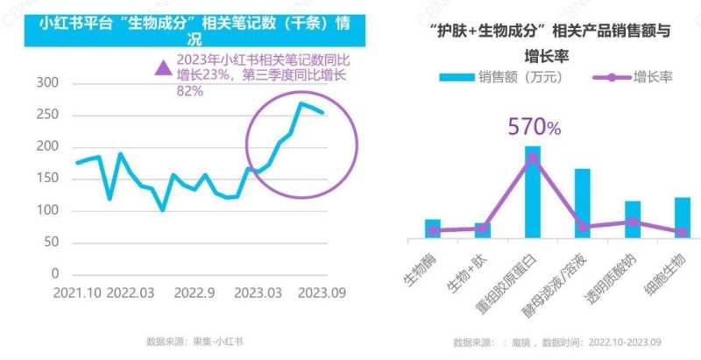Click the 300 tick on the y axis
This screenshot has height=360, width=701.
click(45, 83)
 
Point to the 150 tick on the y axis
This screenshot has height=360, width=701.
click(45, 179)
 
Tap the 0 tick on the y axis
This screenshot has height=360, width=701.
click(54, 275)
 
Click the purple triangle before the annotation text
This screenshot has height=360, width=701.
click(161, 67)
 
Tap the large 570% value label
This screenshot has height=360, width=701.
click(534, 127)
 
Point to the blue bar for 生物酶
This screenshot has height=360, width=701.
click(433, 229)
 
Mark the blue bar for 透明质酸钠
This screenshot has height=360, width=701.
click(632, 219)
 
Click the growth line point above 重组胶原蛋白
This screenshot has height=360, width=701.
click(533, 158)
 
